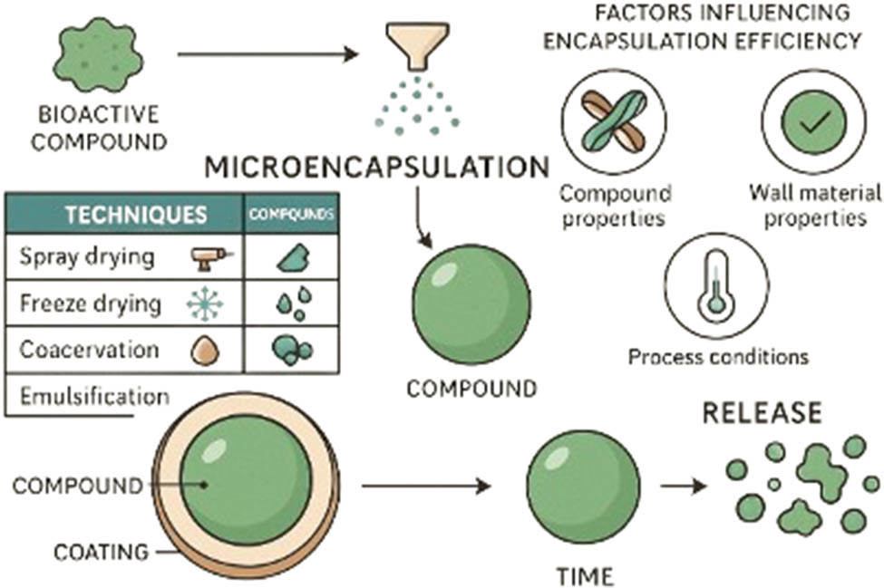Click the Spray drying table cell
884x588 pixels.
pyautogui.click(x=87, y=257)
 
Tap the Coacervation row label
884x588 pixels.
pyautogui.click(x=89, y=350)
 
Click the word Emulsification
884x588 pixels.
pyautogui.click(x=93, y=396)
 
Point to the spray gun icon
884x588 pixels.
pyautogui.click(x=211, y=259)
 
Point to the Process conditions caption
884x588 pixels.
pyautogui.click(x=718, y=355)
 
